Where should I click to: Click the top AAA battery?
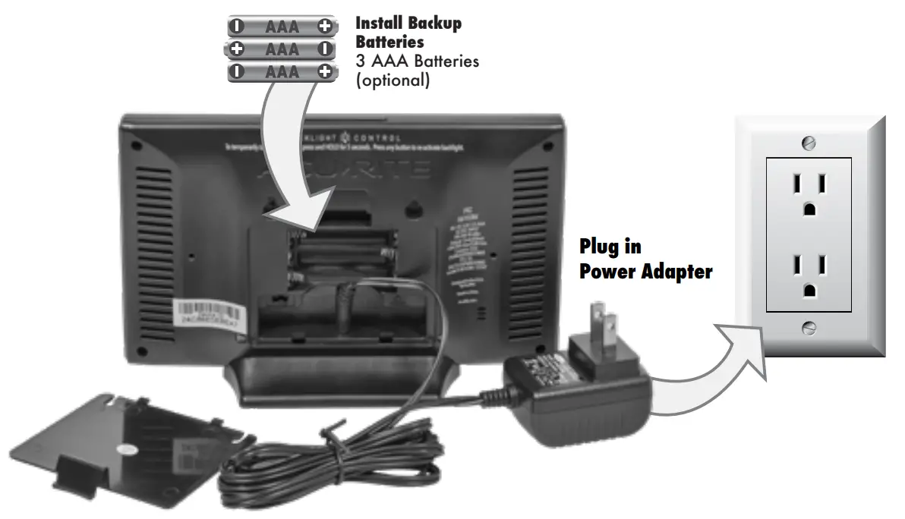tap(282, 27)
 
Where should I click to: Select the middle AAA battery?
tap(282, 49)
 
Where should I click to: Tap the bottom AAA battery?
tap(282, 72)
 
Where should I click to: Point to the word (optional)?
tap(393, 80)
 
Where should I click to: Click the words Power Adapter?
tap(645, 271)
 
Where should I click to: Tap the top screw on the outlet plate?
tap(809, 142)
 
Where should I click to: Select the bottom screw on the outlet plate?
tap(809, 327)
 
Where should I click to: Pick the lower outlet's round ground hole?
tap(809, 290)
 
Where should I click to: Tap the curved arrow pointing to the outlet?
tap(706, 364)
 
